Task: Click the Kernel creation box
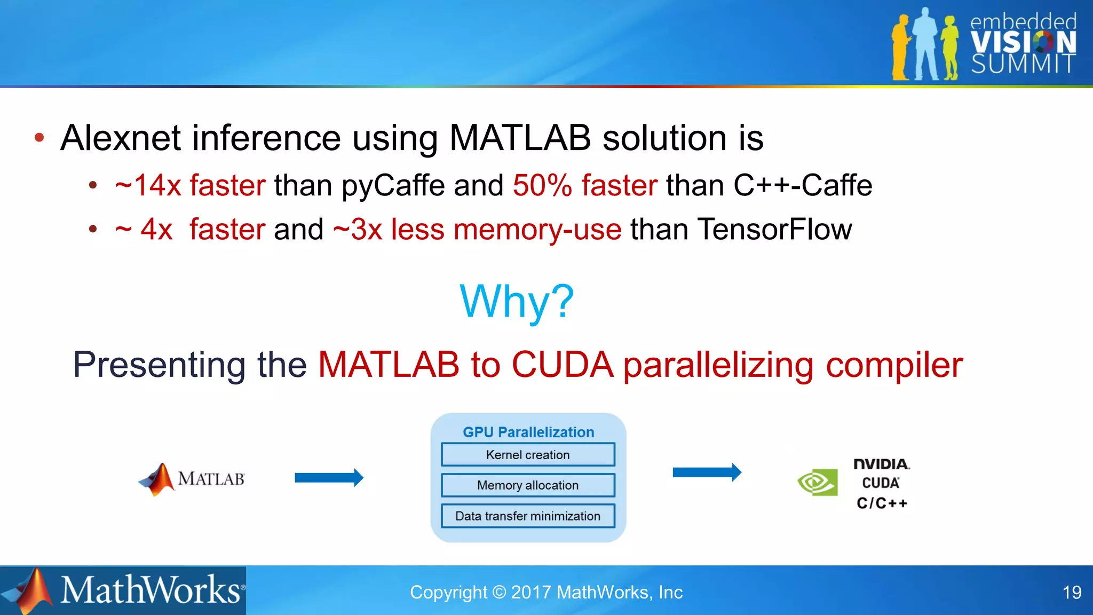(528, 455)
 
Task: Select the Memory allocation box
(528, 485)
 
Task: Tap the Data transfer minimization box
(528, 516)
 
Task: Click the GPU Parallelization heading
(528, 432)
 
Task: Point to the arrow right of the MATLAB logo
(329, 477)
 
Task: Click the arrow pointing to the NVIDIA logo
(707, 472)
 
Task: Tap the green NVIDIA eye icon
(817, 483)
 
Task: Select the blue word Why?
(517, 302)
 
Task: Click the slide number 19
(1072, 593)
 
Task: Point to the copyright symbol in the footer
(499, 593)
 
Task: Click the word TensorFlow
(774, 230)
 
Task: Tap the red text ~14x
(148, 186)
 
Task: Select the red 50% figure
(542, 186)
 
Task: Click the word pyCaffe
(393, 186)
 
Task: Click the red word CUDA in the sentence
(563, 365)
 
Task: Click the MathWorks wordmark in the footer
(151, 590)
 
